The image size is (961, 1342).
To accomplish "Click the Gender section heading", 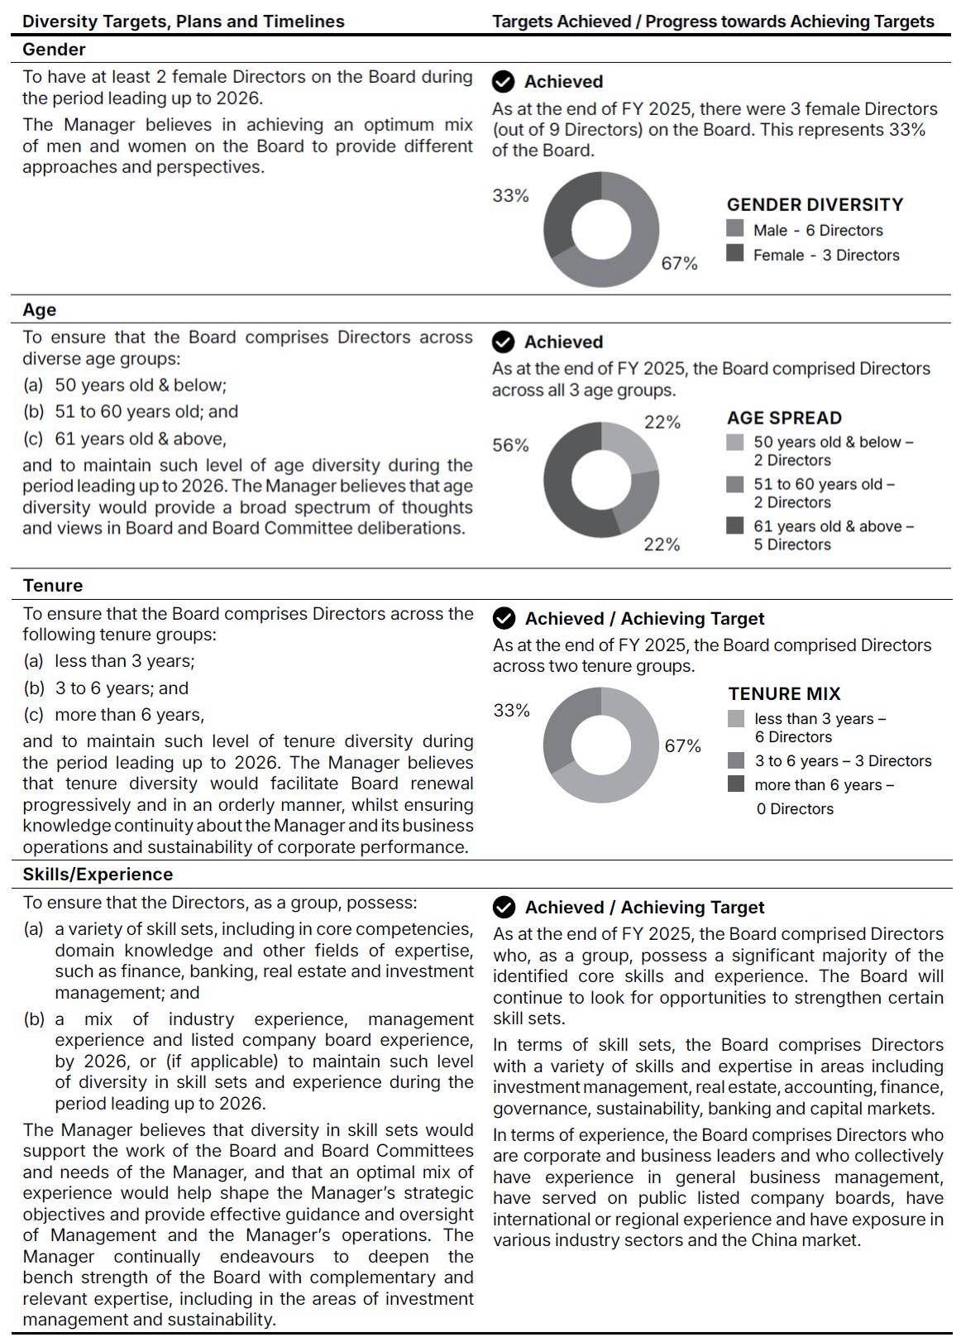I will [x=54, y=50].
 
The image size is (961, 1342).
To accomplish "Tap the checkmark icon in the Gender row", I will [x=503, y=81].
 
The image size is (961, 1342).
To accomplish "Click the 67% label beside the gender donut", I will [x=679, y=263].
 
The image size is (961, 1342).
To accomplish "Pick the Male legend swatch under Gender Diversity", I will [x=735, y=228].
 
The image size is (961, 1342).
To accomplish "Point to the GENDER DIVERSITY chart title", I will [x=815, y=204].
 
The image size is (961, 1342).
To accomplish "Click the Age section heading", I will [x=40, y=309].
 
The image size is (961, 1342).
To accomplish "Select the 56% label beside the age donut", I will [x=510, y=445].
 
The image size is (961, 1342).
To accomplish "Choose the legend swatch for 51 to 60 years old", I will [x=735, y=484].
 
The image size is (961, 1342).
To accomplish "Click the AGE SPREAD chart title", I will [x=784, y=418].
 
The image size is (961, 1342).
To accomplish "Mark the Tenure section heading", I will [x=53, y=585].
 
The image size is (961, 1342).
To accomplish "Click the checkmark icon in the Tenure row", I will [x=503, y=618].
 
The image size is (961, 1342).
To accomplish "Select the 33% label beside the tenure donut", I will [x=511, y=710].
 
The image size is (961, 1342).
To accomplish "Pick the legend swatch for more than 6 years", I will [x=736, y=784].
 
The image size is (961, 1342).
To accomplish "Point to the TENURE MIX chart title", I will [x=784, y=693].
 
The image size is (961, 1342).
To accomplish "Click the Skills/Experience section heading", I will [x=98, y=874].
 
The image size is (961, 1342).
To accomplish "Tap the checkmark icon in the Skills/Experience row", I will [x=503, y=907].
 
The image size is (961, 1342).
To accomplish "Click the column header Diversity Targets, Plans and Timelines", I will [x=184, y=22].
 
